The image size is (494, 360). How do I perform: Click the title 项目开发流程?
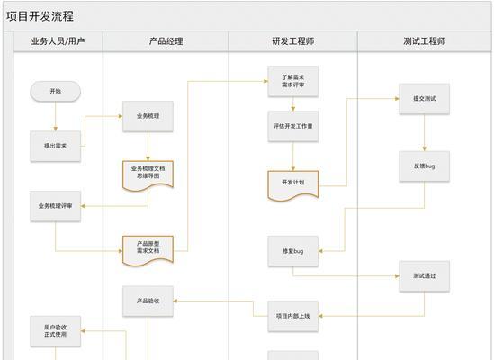(40, 16)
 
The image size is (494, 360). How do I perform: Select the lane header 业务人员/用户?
(58, 41)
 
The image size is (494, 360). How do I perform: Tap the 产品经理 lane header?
(166, 41)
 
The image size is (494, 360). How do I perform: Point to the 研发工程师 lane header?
(293, 41)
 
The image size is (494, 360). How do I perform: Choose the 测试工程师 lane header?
(425, 41)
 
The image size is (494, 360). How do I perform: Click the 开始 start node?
(56, 92)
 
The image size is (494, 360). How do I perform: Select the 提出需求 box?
(56, 147)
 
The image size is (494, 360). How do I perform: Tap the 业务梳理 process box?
(148, 116)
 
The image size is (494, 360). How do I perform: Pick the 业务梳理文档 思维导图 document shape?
(148, 175)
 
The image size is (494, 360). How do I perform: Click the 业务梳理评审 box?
(56, 206)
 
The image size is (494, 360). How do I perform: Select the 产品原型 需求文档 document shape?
(148, 250)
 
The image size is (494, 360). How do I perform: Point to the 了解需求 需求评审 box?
(293, 81)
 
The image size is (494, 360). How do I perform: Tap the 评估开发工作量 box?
(293, 126)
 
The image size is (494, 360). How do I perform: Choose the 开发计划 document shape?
(293, 185)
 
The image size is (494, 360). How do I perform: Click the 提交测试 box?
(425, 99)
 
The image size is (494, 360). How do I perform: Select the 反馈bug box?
(425, 166)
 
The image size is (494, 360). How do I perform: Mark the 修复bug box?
(293, 251)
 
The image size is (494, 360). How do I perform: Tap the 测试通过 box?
(425, 276)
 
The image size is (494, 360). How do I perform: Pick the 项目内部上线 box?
(293, 316)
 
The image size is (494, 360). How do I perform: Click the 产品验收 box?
(148, 301)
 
